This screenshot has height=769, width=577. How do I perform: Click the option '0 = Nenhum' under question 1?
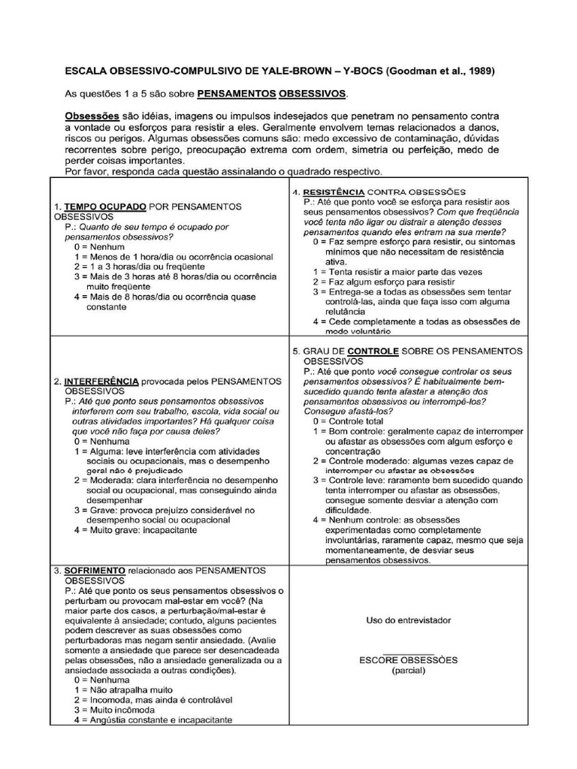(x=100, y=246)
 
